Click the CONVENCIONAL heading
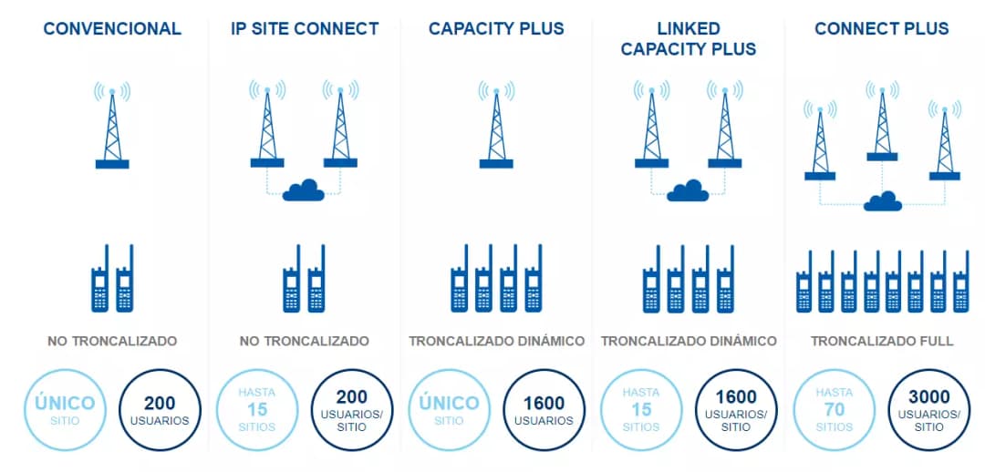click(x=112, y=29)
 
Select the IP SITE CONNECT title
click(x=305, y=29)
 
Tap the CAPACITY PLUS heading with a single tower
click(x=496, y=29)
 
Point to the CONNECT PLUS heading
click(x=881, y=29)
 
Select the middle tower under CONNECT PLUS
click(x=882, y=122)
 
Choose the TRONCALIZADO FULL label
click(x=882, y=341)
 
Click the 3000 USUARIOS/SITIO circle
click(x=928, y=409)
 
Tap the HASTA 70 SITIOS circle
click(x=834, y=409)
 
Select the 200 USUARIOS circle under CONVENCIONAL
click(x=160, y=409)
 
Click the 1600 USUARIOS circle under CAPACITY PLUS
click(x=544, y=409)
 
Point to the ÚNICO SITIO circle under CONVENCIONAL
click(x=65, y=409)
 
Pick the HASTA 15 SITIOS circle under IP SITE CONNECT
click(x=257, y=409)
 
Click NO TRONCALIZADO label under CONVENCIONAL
click(x=112, y=341)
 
